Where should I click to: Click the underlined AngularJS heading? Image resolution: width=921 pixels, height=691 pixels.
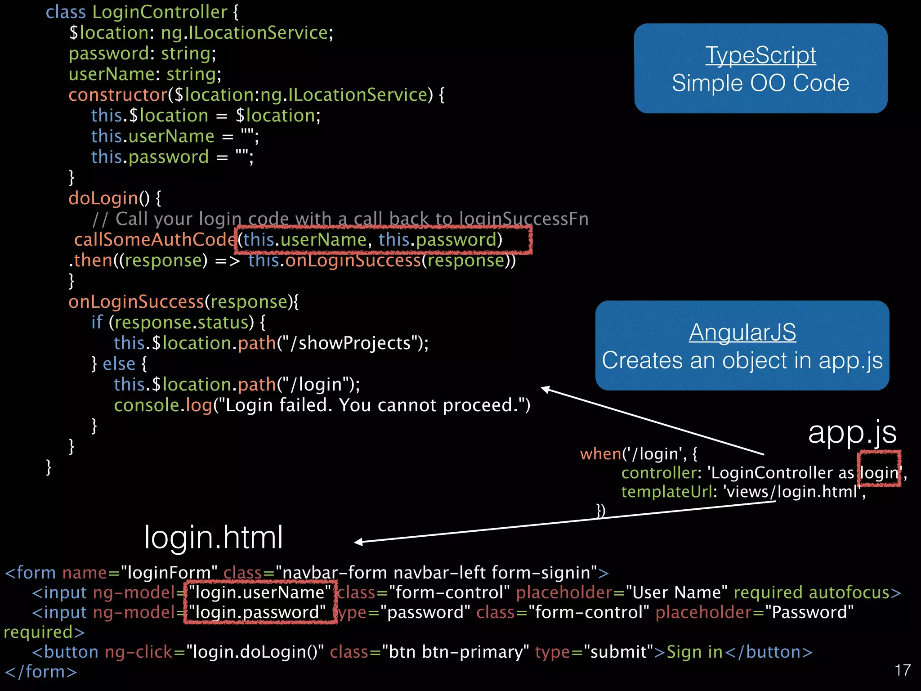(x=742, y=332)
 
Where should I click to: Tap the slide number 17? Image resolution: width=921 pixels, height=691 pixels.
(x=903, y=670)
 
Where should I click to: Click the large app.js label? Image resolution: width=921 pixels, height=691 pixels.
(x=852, y=433)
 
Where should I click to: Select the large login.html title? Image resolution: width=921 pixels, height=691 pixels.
(x=214, y=538)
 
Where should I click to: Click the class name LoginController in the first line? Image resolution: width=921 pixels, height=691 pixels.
(x=160, y=12)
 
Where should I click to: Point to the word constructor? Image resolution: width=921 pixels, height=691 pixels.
(x=118, y=95)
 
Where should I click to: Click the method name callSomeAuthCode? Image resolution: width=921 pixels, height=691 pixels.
(x=155, y=240)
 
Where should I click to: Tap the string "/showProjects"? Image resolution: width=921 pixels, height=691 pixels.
(x=351, y=343)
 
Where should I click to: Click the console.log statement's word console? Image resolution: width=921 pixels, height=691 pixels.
(x=147, y=405)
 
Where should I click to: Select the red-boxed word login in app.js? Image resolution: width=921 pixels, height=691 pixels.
(x=879, y=473)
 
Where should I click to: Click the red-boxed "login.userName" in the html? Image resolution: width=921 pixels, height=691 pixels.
(x=260, y=592)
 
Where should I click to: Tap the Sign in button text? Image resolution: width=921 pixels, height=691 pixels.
(x=694, y=652)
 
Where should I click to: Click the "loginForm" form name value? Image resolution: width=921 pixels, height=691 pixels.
(x=169, y=573)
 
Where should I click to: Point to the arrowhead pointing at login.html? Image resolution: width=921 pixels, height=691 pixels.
(x=359, y=542)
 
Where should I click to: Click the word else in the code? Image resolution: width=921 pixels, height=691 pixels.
(x=119, y=364)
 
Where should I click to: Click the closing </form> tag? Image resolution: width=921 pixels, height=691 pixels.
(x=41, y=672)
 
